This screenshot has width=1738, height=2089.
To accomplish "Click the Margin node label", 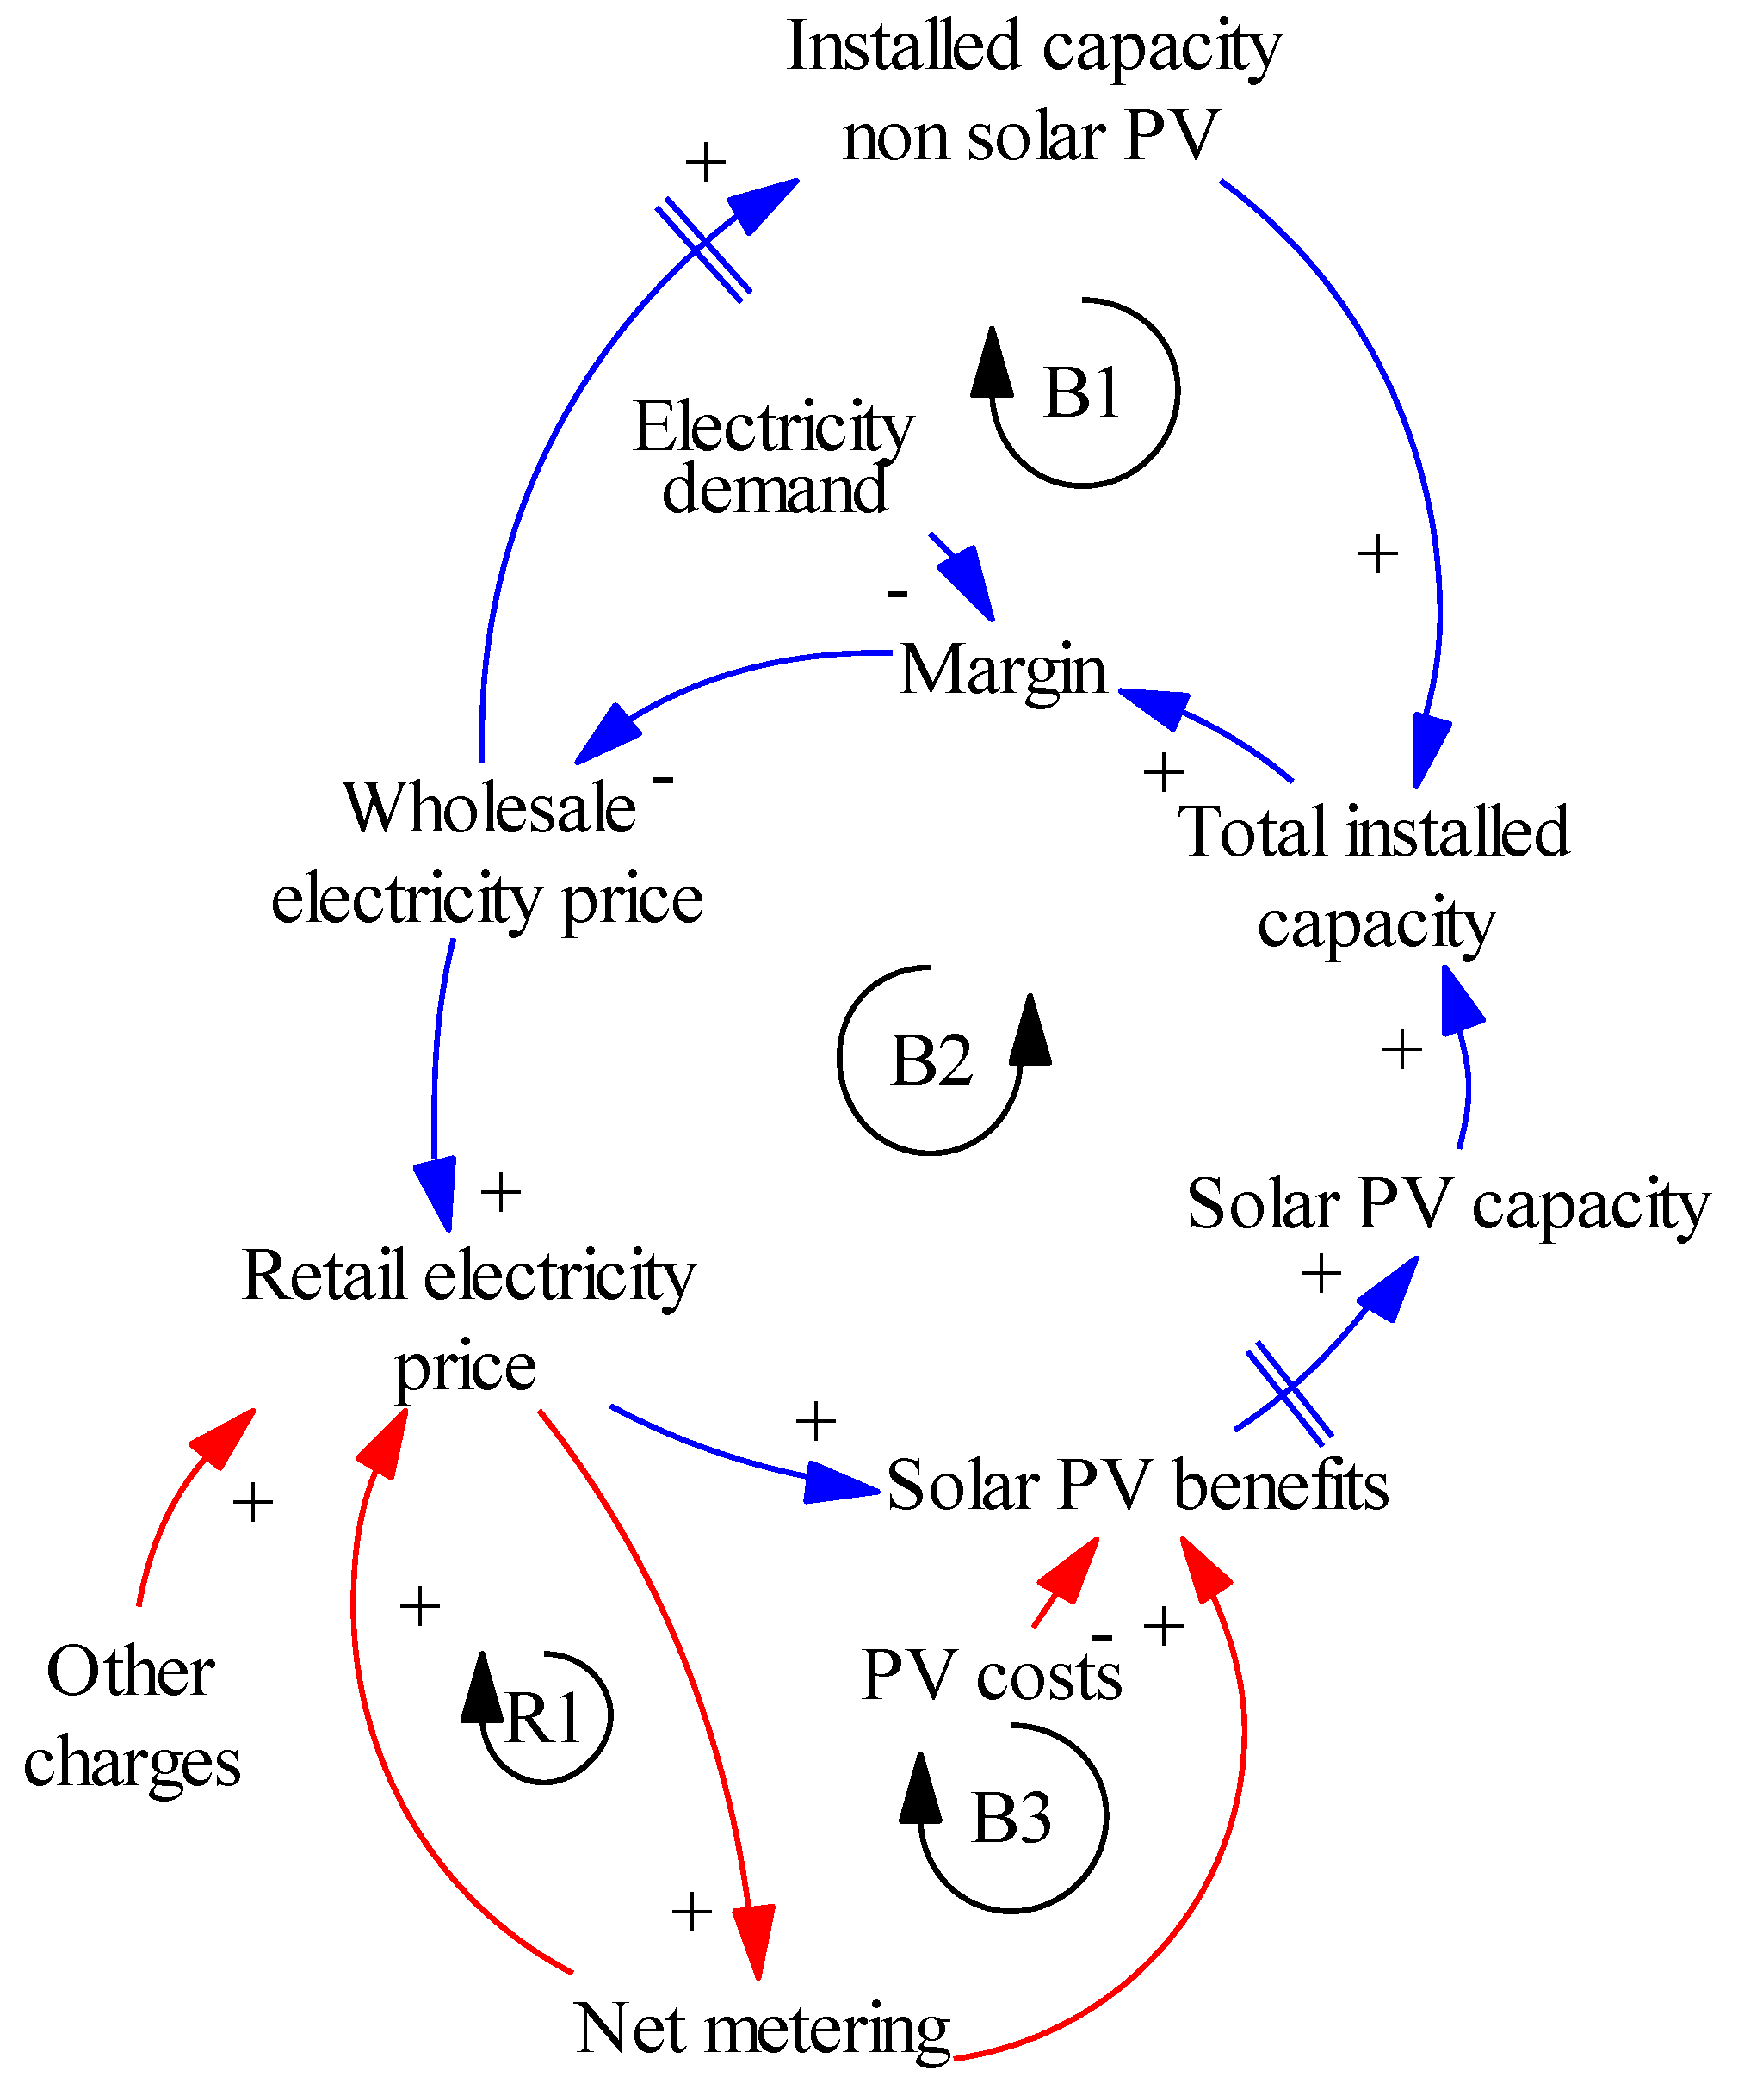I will click(x=1002, y=670).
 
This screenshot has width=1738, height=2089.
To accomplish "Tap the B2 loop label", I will click(x=931, y=1060).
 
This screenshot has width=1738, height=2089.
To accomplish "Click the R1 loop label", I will click(x=543, y=1717).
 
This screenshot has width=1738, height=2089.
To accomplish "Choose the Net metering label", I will click(x=762, y=2030).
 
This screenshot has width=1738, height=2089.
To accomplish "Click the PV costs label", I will click(x=991, y=1675).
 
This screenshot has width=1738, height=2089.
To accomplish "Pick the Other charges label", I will click(x=132, y=1716).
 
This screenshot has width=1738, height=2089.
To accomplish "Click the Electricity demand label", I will click(x=773, y=458).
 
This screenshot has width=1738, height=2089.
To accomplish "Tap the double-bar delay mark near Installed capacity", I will click(x=703, y=249).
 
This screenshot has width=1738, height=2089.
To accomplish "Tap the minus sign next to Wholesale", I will click(x=664, y=779).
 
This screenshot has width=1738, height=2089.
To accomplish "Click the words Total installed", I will click(x=1373, y=831).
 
